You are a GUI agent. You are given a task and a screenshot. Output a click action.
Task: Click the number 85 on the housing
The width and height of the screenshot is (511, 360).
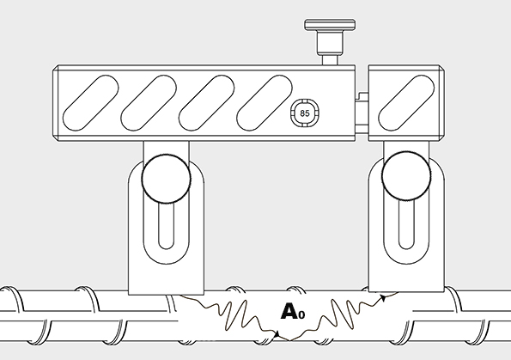coord(304,113)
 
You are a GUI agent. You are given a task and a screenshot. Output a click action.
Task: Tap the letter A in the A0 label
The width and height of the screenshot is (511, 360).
coord(289,311)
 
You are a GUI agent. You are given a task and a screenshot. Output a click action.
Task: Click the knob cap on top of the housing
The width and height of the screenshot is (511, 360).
coord(330,24)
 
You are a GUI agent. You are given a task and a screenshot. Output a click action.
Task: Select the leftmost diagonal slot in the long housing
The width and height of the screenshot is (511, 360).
coord(91,103)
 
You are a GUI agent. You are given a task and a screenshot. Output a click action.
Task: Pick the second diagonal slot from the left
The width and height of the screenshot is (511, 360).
coord(149,103)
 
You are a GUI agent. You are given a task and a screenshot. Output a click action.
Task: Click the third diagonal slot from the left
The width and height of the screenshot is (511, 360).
coord(207,103)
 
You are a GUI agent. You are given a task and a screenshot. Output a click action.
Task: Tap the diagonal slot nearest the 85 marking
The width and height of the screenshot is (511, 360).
coord(265,103)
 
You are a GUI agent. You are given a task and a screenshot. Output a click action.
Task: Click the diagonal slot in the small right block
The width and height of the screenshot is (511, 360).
coord(406,103)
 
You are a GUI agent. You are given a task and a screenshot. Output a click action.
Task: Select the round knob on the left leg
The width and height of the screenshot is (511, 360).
coord(167,178)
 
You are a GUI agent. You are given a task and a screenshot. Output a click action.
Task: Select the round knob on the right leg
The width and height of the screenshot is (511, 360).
coord(406,176)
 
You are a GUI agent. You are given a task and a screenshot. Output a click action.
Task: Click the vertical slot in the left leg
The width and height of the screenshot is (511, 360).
coord(167,226)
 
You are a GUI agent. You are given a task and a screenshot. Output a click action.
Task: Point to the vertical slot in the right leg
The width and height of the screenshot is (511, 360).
coord(406,225)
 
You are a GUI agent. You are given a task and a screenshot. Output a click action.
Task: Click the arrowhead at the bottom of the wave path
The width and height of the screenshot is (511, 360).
coord(277,334)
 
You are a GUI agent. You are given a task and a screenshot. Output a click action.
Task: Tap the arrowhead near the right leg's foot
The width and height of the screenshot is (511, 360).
coord(384,298)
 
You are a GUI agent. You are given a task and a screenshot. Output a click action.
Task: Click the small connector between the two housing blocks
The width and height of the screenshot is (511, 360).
coord(362,113)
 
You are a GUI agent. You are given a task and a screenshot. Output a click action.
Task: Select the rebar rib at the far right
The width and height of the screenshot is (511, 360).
coord(455,299)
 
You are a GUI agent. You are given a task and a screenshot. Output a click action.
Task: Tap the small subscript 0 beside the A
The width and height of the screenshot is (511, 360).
coord(301,314)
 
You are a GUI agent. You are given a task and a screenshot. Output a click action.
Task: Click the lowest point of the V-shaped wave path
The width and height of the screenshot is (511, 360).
coord(289,340)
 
